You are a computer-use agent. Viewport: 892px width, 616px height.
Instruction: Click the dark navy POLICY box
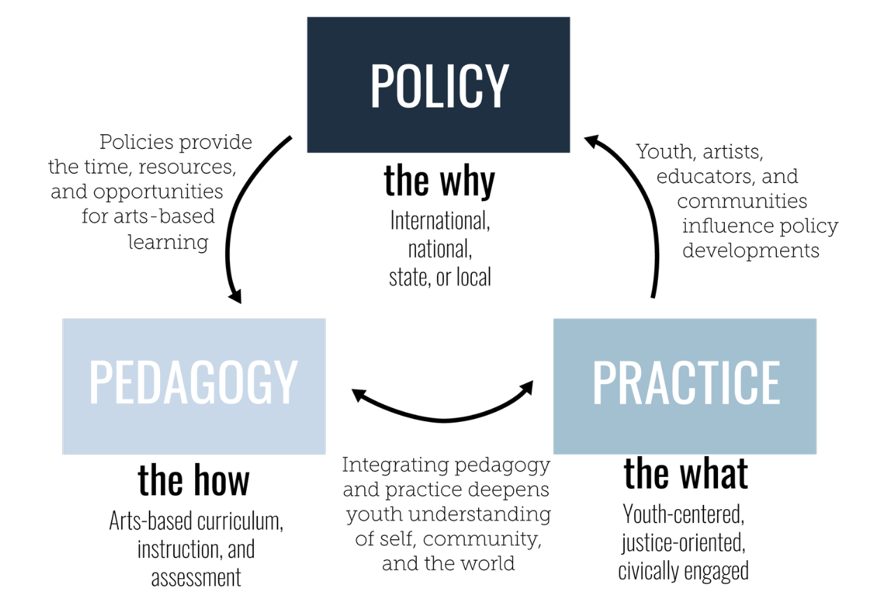click(438, 85)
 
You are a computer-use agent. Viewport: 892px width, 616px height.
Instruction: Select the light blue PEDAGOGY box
click(194, 386)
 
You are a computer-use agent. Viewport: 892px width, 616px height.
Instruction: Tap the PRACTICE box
click(684, 386)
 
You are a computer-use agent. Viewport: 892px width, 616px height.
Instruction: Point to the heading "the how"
click(194, 481)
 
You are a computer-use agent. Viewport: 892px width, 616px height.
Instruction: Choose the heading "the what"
click(685, 474)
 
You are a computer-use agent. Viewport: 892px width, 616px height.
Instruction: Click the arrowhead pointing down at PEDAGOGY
click(236, 295)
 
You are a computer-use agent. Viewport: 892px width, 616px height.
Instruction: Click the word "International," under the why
click(440, 221)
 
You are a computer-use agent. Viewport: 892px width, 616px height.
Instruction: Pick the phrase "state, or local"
click(440, 277)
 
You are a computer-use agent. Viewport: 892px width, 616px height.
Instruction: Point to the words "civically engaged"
click(683, 571)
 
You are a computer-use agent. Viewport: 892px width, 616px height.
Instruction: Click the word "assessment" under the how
click(196, 578)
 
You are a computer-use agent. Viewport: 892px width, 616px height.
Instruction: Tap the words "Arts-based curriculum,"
click(196, 521)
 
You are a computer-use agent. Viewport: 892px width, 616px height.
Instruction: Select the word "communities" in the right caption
click(742, 202)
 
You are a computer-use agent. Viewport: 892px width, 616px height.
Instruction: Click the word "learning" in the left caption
click(168, 242)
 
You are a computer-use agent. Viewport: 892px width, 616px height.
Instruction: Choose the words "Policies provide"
click(175, 142)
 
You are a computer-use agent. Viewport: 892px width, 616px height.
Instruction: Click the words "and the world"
click(448, 563)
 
